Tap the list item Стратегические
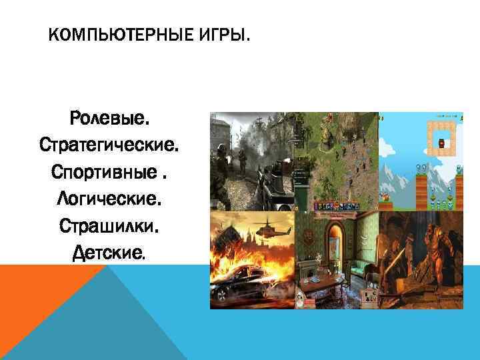pyautogui.click(x=110, y=144)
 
